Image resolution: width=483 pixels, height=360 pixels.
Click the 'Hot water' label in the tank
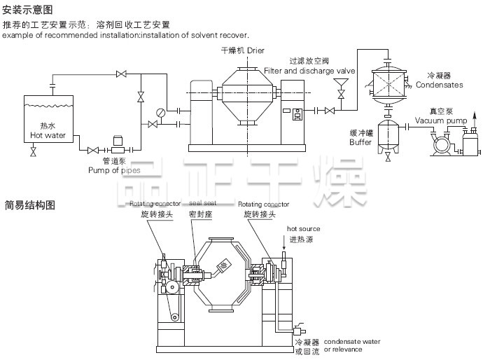tap(47, 135)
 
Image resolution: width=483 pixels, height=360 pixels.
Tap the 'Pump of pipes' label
tap(113, 169)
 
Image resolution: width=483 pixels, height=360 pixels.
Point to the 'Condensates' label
tap(439, 85)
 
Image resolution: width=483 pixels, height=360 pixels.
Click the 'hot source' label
tap(303, 229)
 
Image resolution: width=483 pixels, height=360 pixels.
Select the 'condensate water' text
tap(352, 342)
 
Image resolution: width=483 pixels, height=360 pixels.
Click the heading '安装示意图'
tap(27, 10)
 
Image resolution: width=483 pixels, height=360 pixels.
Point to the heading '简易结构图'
tap(27, 205)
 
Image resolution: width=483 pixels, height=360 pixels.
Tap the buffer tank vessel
tap(388, 136)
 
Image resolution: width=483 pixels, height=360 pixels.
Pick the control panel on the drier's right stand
tap(297, 115)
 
